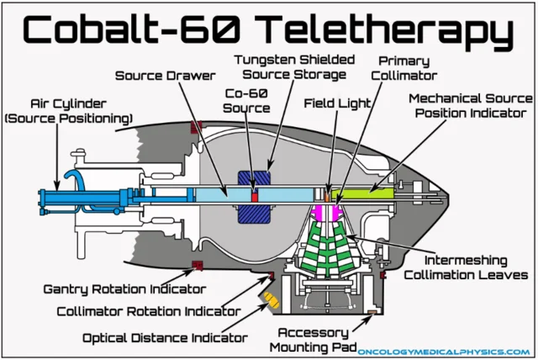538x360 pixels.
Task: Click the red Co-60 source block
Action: pyautogui.click(x=256, y=195)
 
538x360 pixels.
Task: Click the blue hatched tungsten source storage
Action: pyautogui.click(x=256, y=210)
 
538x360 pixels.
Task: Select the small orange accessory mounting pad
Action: pyautogui.click(x=372, y=315)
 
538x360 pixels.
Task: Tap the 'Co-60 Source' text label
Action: pyautogui.click(x=247, y=100)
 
